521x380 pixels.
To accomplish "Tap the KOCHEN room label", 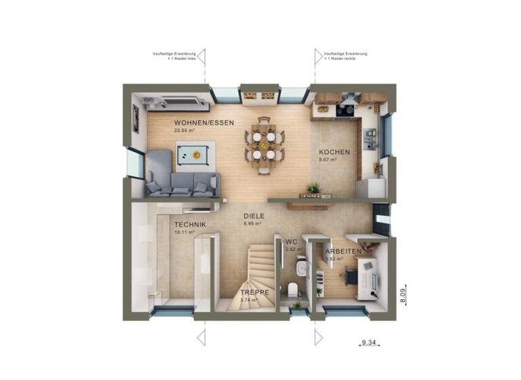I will [334, 152].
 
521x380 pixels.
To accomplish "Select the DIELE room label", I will [254, 216].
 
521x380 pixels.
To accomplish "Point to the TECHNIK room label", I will [189, 225].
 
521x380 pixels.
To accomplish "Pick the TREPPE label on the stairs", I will [254, 293].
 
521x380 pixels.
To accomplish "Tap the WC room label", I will [292, 242].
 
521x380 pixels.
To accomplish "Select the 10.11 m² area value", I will [184, 232].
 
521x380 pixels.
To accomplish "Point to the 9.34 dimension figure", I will [369, 344].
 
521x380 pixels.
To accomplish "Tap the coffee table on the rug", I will [195, 155].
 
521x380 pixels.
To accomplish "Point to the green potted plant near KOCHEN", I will [313, 187].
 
